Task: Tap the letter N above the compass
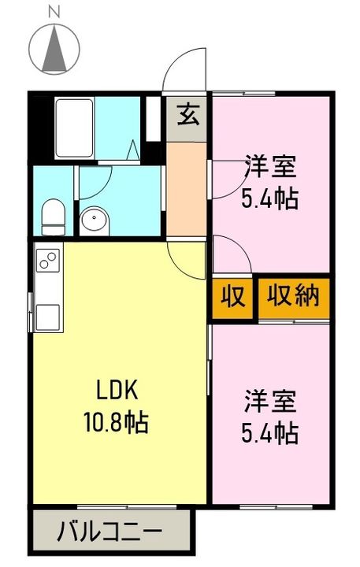point(54,11)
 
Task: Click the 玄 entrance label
point(187,117)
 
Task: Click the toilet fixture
point(53,217)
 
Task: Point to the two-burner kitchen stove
point(46,261)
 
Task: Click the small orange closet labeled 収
point(232,298)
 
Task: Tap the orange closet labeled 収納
point(292,298)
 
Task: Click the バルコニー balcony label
point(109,532)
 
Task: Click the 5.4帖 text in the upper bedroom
point(269,198)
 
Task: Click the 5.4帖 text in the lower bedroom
point(269,432)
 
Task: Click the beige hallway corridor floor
point(187,189)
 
